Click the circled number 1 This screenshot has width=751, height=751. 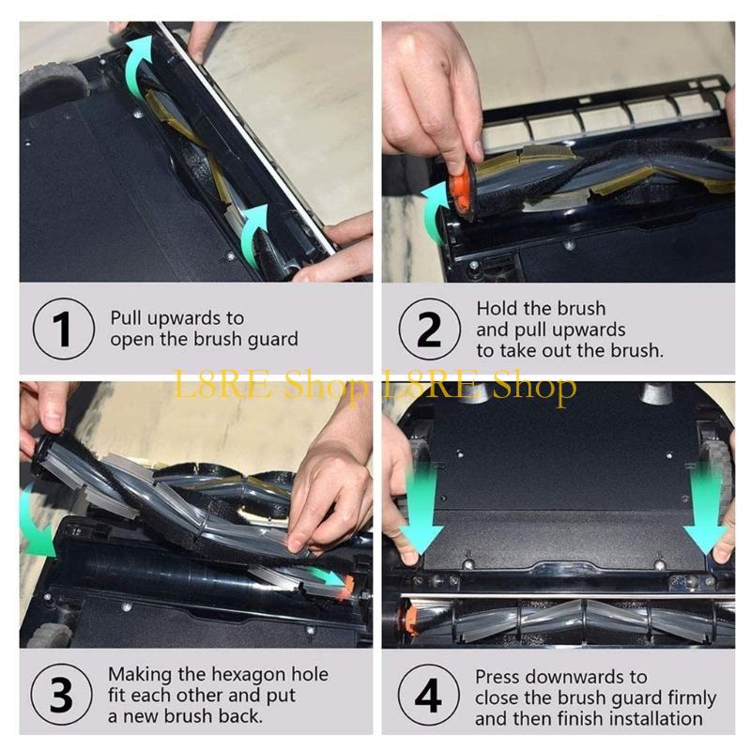point(64,329)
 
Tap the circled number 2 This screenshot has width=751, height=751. point(429,329)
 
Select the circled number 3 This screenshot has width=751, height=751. point(61,694)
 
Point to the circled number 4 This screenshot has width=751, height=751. point(428,695)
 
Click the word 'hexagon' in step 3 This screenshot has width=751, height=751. point(246,674)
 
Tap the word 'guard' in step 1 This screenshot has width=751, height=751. point(272,340)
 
